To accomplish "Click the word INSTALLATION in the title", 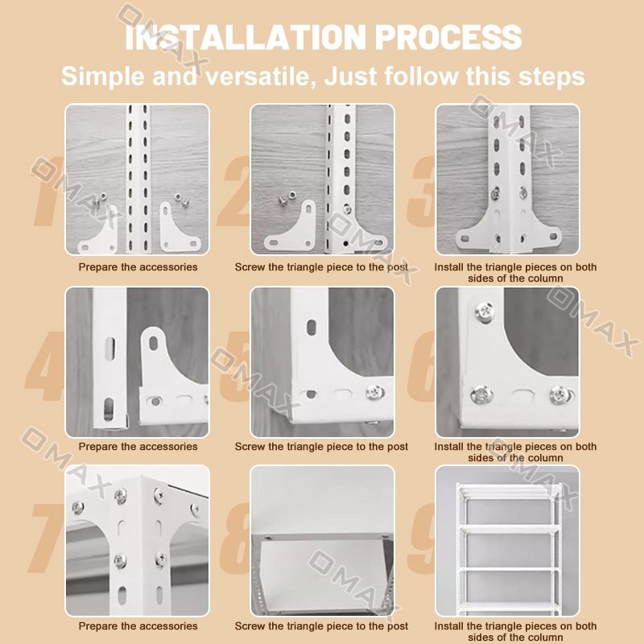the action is [x=246, y=37].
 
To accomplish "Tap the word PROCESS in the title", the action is [x=448, y=37].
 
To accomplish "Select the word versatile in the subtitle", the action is [x=261, y=76].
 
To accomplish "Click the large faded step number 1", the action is [x=46, y=191].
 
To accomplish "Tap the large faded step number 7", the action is [x=46, y=538].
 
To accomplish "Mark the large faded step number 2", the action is [x=234, y=191].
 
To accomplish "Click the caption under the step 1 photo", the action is [x=138, y=267].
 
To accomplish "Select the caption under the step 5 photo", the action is [x=321, y=447].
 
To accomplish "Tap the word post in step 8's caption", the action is [x=397, y=626].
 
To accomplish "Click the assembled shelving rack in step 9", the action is [x=509, y=548].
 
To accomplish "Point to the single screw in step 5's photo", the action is [x=374, y=392].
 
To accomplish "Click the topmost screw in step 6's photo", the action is [x=485, y=311].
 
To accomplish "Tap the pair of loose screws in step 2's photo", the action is [x=287, y=198].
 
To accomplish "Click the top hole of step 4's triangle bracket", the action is [x=154, y=343].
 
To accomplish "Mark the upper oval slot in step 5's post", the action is [x=312, y=328].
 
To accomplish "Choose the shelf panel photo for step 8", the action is [x=323, y=540].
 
